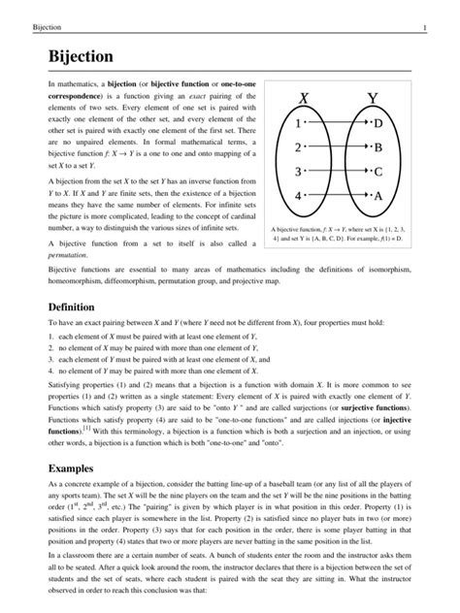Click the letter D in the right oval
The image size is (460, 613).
(x=378, y=124)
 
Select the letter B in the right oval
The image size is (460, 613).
(x=378, y=148)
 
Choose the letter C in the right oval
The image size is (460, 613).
(x=378, y=173)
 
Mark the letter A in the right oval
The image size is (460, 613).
(x=378, y=196)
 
